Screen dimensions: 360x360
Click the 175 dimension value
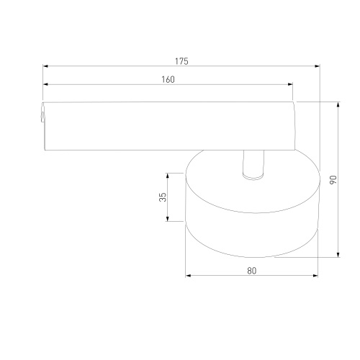[181, 61]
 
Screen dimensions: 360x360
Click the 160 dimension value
[168, 80]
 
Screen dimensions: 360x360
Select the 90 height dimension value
[333, 179]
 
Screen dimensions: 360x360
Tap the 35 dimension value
[163, 197]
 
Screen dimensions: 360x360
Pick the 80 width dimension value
[252, 271]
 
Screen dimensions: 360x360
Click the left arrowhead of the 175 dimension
[45, 66]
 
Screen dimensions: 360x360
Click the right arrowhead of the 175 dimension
[317, 66]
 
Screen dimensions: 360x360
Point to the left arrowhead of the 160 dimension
[45, 84]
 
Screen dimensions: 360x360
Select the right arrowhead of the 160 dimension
[290, 84]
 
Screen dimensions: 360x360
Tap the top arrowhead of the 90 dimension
[338, 104]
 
